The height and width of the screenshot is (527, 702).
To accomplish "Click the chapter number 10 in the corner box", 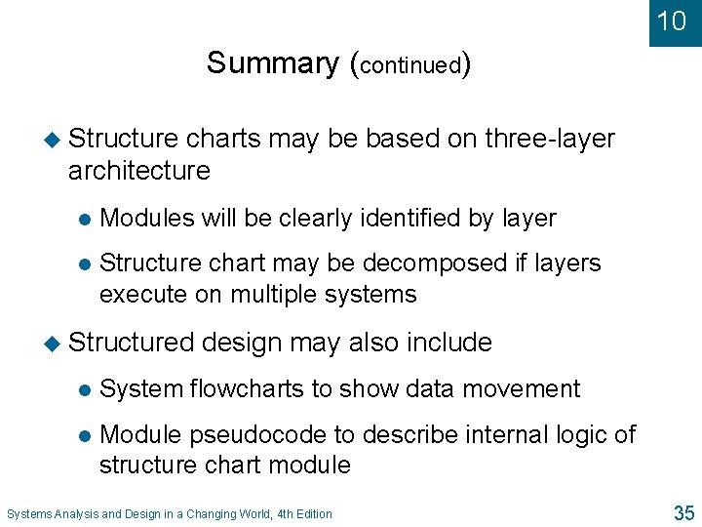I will coord(672,20).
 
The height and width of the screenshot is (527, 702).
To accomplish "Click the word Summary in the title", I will coord(272,62).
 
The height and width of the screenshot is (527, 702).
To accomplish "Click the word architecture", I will coord(139,171).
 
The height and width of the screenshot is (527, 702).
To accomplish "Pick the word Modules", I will coord(147,219).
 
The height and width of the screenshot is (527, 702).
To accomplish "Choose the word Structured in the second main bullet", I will coord(132,343).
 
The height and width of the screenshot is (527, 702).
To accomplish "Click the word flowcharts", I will coord(247,388).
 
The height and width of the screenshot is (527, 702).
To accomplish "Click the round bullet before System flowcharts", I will coord(84,389).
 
